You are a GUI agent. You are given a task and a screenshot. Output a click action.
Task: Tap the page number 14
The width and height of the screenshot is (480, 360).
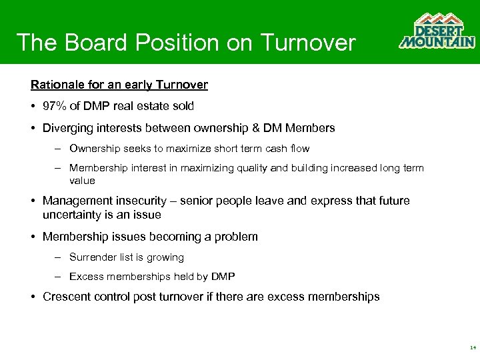473,347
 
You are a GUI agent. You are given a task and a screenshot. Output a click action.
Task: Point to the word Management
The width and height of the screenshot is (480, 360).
75,201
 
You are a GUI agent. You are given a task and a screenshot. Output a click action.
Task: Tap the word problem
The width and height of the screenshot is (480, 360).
235,237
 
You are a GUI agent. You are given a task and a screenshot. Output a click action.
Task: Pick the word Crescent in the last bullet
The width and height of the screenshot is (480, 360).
67,297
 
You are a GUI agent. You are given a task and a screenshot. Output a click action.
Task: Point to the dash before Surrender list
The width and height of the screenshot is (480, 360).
59,257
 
